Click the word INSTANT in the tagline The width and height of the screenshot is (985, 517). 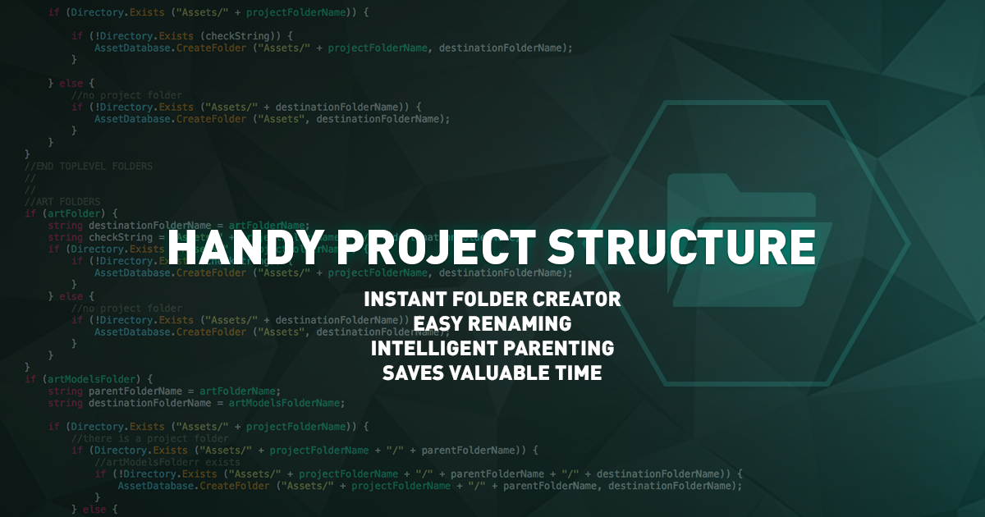pyautogui.click(x=404, y=299)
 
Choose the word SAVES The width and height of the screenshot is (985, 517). pyautogui.click(x=413, y=373)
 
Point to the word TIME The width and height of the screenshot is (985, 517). pyautogui.click(x=580, y=373)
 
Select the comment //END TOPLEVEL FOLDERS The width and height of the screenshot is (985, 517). pyautogui.click(x=89, y=166)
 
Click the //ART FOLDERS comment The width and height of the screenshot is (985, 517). pyautogui.click(x=62, y=201)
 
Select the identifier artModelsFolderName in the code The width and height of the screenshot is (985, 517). pyautogui.click(x=286, y=403)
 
